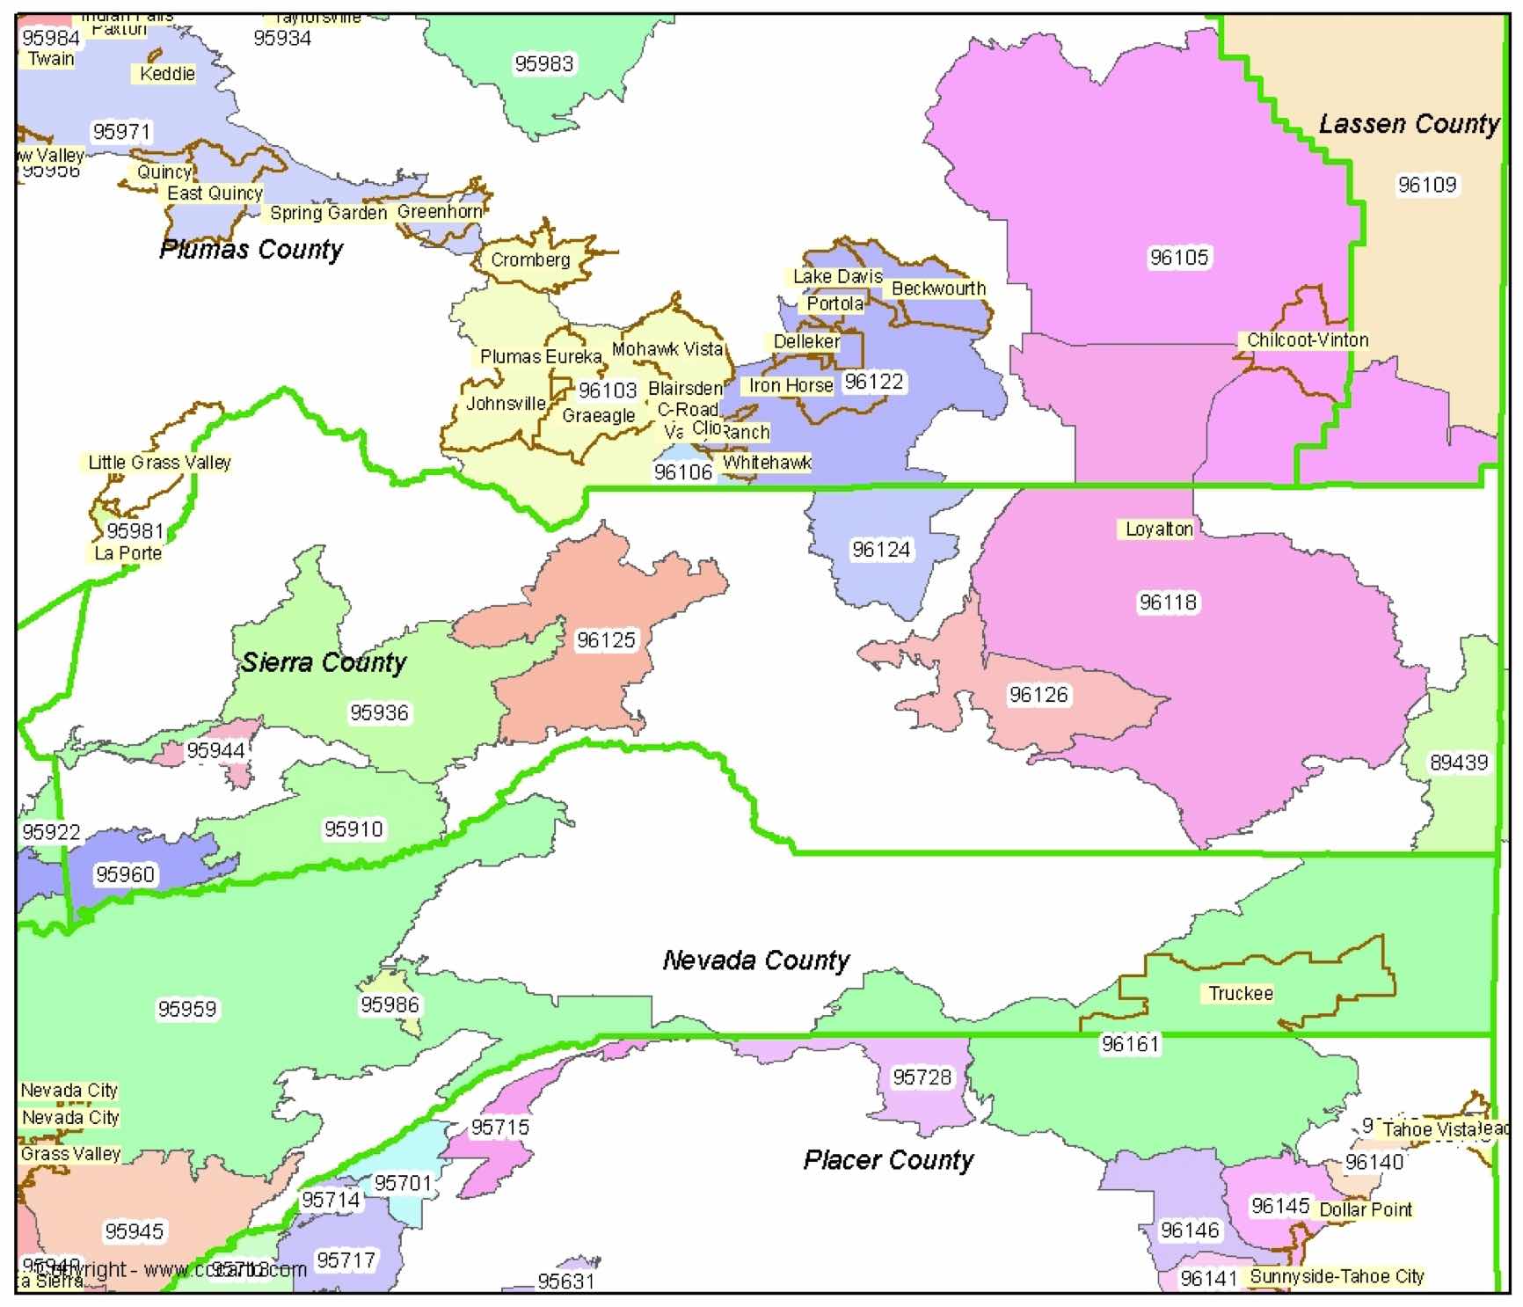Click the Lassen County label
(x=1408, y=124)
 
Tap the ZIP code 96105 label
(x=1179, y=257)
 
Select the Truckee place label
(x=1240, y=993)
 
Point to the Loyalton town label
(x=1159, y=529)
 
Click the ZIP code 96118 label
(x=1168, y=602)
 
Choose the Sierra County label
(x=324, y=662)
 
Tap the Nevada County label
(x=756, y=960)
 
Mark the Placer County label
(x=888, y=1159)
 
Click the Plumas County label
(x=251, y=250)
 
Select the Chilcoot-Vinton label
(x=1307, y=340)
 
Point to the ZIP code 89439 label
(x=1459, y=763)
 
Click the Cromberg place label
(x=530, y=259)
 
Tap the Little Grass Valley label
(x=159, y=462)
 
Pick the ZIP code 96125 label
(x=606, y=640)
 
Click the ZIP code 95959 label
(x=186, y=1009)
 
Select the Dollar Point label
(x=1365, y=1209)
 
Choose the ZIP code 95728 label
(x=922, y=1077)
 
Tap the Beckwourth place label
(x=938, y=288)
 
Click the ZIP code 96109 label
(x=1427, y=185)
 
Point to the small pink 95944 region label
(x=215, y=750)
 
